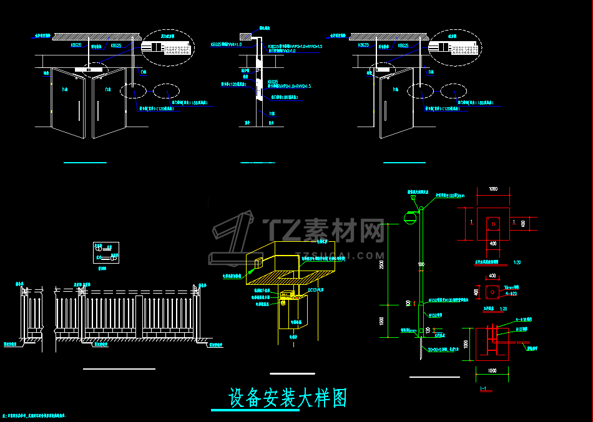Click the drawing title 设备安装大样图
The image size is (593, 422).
(x=288, y=397)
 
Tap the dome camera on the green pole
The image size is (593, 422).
(x=410, y=216)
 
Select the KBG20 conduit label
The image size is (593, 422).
(x=76, y=46)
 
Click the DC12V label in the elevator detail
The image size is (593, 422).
(x=316, y=289)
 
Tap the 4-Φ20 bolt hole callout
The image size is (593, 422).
(x=512, y=292)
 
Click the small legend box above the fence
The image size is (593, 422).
(x=105, y=252)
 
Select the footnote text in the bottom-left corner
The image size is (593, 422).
(x=35, y=414)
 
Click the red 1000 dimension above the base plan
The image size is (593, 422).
(x=493, y=189)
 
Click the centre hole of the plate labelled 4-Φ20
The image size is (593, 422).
(x=493, y=290)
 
